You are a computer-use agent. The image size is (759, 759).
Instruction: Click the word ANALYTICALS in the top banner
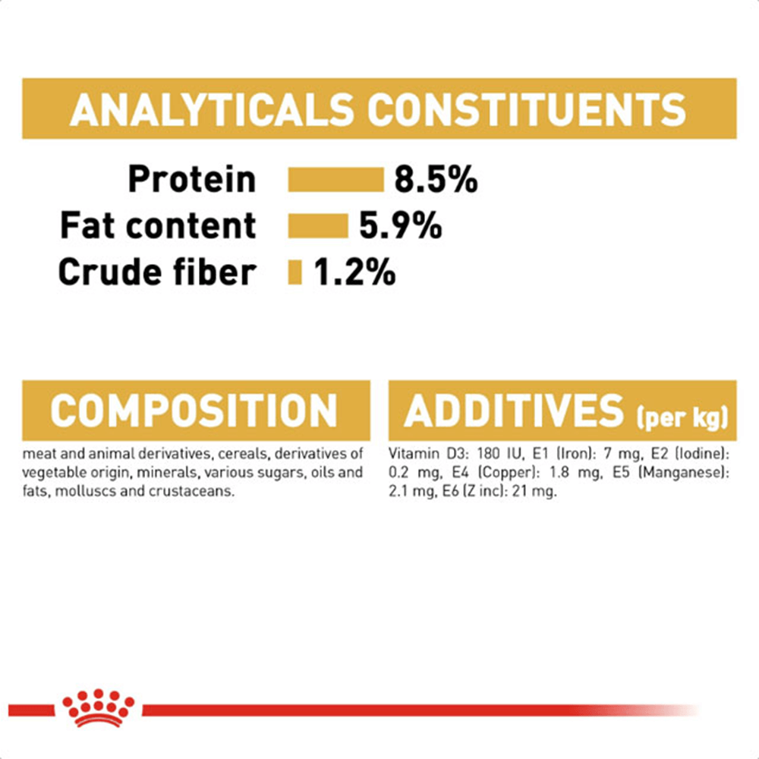[212, 109]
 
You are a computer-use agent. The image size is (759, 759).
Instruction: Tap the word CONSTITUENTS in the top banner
[527, 109]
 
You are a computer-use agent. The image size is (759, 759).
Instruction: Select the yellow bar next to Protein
[335, 180]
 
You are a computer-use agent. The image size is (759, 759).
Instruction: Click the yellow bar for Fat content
[318, 225]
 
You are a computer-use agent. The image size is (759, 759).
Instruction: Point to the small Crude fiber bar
[294, 272]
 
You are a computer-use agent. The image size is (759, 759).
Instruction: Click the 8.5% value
[436, 180]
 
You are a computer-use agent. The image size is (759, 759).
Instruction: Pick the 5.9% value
[400, 225]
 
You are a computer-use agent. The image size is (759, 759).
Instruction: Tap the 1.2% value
[354, 272]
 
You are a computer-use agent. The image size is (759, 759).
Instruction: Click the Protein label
[192, 180]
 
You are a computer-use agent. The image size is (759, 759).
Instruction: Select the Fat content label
[158, 225]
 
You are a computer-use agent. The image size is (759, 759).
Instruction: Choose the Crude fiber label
[157, 272]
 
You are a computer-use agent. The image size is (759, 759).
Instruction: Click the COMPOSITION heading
[194, 411]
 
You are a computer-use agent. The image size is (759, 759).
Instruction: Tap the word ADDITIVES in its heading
[514, 411]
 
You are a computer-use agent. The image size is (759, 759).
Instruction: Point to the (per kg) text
[682, 417]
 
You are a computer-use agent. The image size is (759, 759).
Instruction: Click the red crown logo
[98, 707]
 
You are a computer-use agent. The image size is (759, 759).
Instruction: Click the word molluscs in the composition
[86, 491]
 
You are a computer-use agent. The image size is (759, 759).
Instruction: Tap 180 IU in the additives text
[500, 454]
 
